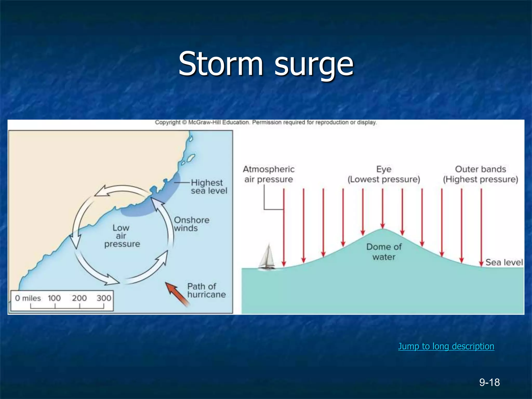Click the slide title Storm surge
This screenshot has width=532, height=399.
(266, 64)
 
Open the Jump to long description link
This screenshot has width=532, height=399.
(446, 346)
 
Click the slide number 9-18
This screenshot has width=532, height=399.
(489, 382)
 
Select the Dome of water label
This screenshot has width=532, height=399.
(384, 252)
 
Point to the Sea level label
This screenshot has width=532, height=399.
(504, 262)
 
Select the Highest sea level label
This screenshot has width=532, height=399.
(209, 187)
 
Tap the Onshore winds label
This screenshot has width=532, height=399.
(191, 224)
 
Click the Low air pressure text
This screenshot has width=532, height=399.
(122, 236)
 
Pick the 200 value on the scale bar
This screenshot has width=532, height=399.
(79, 298)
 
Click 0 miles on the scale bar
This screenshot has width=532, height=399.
(28, 298)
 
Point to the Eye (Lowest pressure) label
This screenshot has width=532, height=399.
(384, 174)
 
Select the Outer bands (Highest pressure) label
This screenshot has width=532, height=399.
(480, 174)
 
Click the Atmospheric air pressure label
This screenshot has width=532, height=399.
(269, 174)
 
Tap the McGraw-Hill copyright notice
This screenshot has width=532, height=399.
(266, 122)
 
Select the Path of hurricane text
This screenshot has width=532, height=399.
(206, 290)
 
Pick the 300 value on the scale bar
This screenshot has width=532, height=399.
(104, 298)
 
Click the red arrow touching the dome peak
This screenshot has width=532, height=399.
(382, 208)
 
